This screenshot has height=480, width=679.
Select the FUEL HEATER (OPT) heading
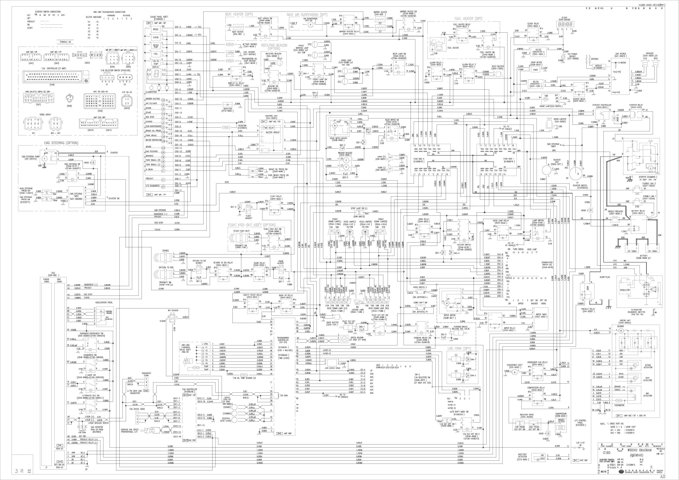pyautogui.click(x=468, y=19)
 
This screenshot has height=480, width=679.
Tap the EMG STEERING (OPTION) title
pyautogui.click(x=61, y=143)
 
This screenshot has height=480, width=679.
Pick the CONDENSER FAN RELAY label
pyautogui.click(x=538, y=362)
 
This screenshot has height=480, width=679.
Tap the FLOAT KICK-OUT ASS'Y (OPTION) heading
pyautogui.click(x=251, y=225)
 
